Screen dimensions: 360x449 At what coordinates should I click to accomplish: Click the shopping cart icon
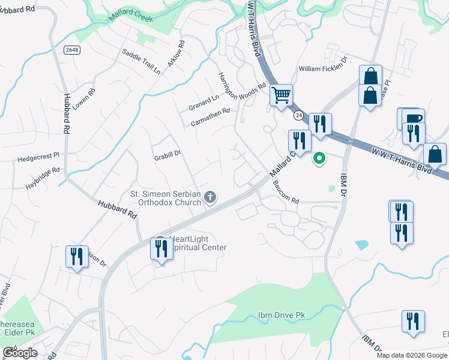[280, 94]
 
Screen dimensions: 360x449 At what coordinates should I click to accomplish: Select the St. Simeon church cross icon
[210, 196]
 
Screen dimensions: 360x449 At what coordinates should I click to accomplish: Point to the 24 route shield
[298, 115]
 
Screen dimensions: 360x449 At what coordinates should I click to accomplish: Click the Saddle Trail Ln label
[141, 62]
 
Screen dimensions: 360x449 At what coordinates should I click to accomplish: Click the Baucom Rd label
[285, 192]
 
